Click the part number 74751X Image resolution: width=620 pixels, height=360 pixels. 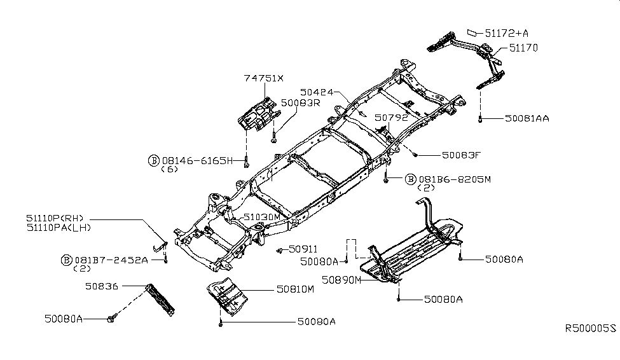tap(264, 78)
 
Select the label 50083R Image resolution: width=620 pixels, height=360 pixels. tap(301, 102)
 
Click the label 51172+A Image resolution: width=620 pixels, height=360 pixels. tap(506, 32)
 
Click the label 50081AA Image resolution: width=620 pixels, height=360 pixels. tap(527, 118)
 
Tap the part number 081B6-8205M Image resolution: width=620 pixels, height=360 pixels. tap(454, 179)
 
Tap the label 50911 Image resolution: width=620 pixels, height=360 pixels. tap(303, 249)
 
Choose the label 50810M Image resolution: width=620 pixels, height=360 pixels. tap(295, 289)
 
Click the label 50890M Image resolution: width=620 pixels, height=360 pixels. tap(341, 279)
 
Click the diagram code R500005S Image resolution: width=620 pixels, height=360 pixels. tap(591, 329)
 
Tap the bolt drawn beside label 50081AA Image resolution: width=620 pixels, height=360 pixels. tap(481, 118)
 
